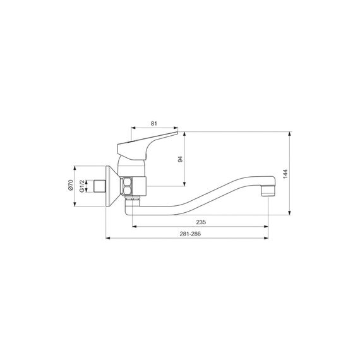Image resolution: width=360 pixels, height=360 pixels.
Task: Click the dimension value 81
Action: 154,124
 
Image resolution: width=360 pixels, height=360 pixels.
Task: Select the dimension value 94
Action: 181,159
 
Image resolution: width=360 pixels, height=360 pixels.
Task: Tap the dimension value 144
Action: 285,174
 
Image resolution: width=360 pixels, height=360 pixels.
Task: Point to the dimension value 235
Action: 201,222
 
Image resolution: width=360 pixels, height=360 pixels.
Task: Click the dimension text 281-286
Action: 190,234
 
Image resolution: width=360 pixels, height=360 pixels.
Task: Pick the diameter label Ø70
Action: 71,185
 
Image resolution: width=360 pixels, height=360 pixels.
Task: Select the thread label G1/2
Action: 81,186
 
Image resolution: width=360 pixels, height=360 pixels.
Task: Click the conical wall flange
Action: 112,186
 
